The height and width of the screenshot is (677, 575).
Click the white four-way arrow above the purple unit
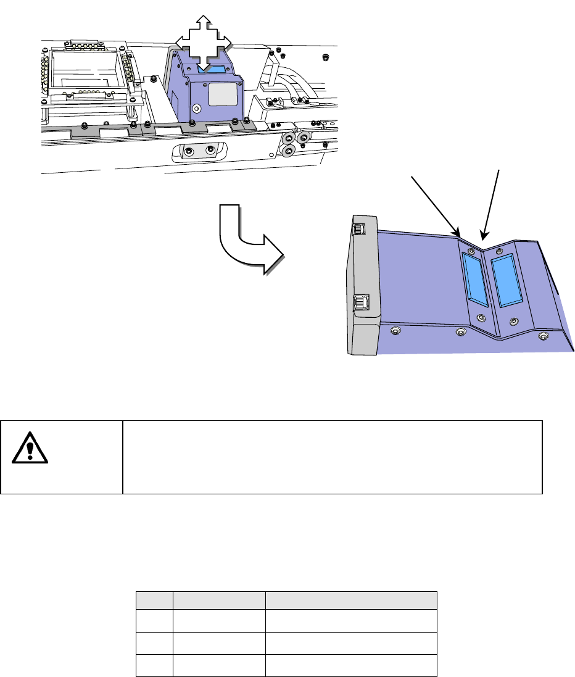click(204, 42)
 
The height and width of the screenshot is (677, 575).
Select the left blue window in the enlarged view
click(476, 281)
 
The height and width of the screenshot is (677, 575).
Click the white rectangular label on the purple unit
click(222, 95)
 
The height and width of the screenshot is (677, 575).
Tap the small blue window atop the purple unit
click(213, 70)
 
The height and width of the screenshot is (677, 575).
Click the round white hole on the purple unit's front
click(197, 108)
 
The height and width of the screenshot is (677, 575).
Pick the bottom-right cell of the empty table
click(351, 667)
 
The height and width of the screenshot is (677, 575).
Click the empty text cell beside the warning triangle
click(332, 457)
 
